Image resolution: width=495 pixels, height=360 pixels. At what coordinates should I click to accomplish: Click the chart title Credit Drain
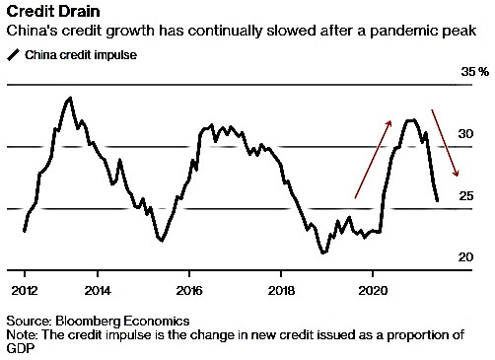pyautogui.click(x=53, y=11)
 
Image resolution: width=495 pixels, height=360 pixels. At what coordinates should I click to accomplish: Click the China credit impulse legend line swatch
pyautogui.click(x=14, y=55)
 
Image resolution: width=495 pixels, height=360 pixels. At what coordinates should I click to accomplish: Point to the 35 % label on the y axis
pyautogui.click(x=474, y=71)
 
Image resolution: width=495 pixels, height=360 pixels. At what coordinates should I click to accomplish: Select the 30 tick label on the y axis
pyautogui.click(x=465, y=134)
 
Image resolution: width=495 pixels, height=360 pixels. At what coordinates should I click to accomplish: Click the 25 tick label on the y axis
pyautogui.click(x=466, y=196)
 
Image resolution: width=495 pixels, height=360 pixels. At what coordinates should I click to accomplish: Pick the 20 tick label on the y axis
pyautogui.click(x=465, y=256)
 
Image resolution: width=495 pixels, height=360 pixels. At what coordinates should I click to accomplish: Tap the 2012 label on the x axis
pyautogui.click(x=25, y=291)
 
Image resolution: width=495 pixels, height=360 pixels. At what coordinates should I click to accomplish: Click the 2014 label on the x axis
pyautogui.click(x=98, y=291)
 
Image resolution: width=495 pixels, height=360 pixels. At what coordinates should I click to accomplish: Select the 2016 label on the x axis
pyautogui.click(x=189, y=291)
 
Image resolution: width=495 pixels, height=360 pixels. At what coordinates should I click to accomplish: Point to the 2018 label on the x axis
pyautogui.click(x=281, y=291)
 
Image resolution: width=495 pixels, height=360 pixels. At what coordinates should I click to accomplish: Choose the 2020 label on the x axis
pyautogui.click(x=373, y=291)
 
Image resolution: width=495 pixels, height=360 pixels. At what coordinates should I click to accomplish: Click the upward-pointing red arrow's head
pyautogui.click(x=389, y=122)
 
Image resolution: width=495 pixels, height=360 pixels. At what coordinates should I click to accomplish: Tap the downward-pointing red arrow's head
pyautogui.click(x=457, y=174)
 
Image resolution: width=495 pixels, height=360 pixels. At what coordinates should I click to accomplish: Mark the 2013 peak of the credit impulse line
pyautogui.click(x=70, y=98)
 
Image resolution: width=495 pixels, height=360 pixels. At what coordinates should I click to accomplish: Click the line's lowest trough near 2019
pyautogui.click(x=323, y=252)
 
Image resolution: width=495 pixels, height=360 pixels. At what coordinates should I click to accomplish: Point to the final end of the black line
pyautogui.click(x=437, y=200)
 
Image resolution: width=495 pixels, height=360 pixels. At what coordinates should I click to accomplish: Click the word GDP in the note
pyautogui.click(x=21, y=348)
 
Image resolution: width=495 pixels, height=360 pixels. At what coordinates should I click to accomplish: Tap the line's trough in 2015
pyautogui.click(x=161, y=240)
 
